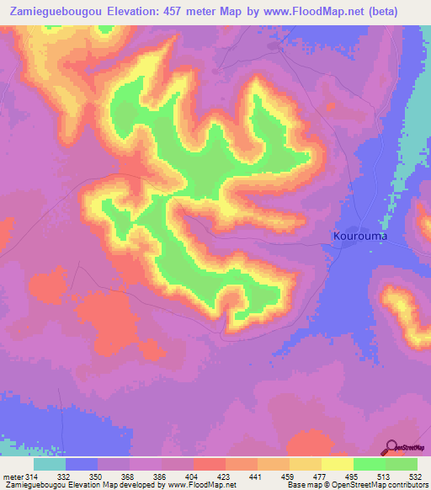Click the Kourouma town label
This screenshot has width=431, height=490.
pyautogui.click(x=359, y=236)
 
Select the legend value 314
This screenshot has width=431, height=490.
pyautogui.click(x=34, y=477)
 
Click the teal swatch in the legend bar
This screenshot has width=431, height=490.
pyautogui.click(x=50, y=464)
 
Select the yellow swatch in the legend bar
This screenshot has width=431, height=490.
pyautogui.click(x=338, y=464)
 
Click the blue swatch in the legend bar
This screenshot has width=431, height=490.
pyautogui.click(x=82, y=464)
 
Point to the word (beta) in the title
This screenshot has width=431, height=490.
pyautogui.click(x=400, y=12)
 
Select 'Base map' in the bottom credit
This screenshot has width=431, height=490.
pyautogui.click(x=303, y=486)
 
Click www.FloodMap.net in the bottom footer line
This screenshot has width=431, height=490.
pyautogui.click(x=202, y=486)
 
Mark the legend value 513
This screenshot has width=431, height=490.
pyautogui.click(x=386, y=477)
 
